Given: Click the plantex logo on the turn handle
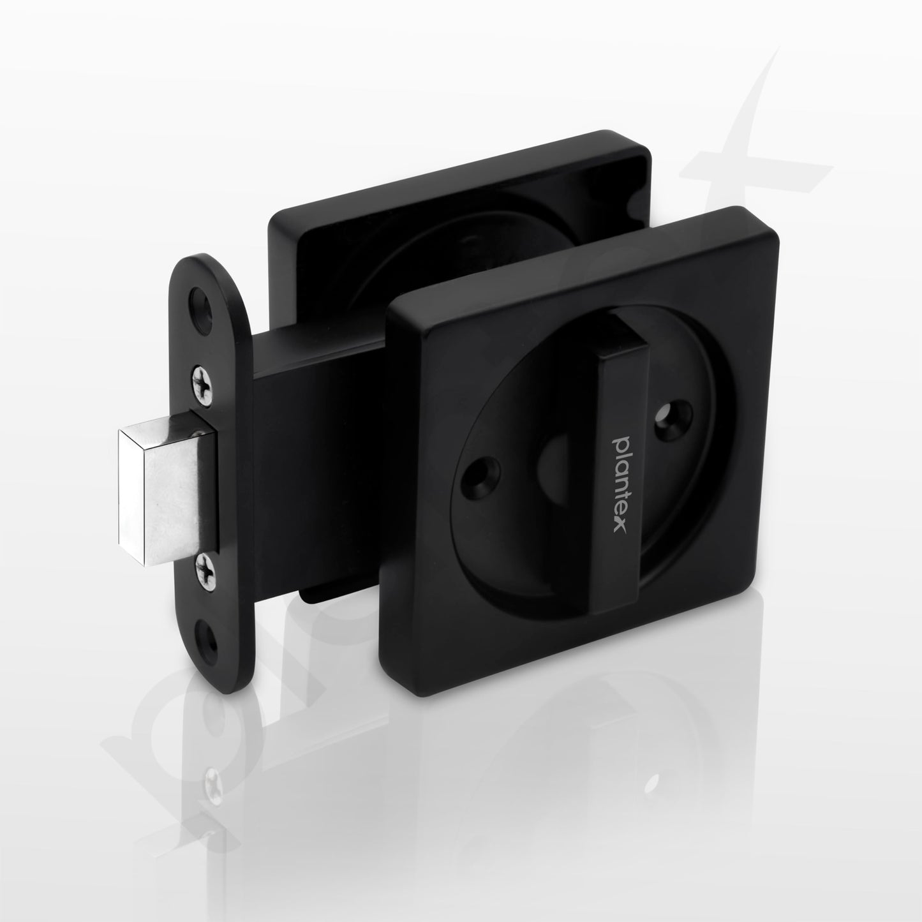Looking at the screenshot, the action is tap(621, 483).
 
